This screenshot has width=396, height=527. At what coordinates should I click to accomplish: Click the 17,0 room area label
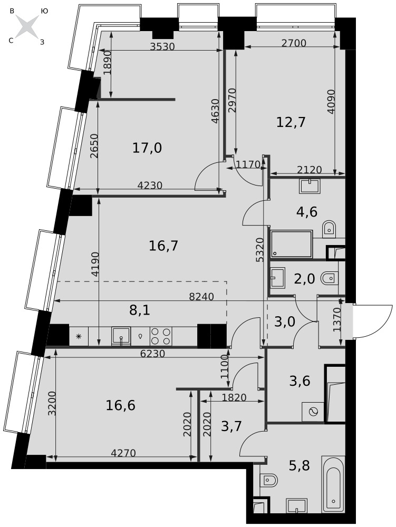(x=147, y=148)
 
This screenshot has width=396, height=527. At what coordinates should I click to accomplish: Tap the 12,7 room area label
(x=291, y=122)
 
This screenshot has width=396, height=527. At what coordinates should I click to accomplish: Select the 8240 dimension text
(x=202, y=297)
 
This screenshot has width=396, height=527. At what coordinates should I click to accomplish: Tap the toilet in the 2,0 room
(x=330, y=278)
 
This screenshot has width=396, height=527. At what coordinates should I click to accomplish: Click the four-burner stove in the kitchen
(x=161, y=336)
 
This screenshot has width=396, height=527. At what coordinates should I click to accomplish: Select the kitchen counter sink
(x=121, y=336)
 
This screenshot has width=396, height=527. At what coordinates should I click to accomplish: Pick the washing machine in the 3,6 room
(x=313, y=412)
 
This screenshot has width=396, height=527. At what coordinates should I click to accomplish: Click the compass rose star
(x=27, y=26)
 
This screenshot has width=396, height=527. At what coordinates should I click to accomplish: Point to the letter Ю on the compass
(x=44, y=11)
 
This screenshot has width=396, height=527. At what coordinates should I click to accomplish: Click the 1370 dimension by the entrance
(x=337, y=320)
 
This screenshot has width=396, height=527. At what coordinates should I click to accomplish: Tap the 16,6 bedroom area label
(x=120, y=405)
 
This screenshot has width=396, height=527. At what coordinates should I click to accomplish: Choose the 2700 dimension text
(x=294, y=43)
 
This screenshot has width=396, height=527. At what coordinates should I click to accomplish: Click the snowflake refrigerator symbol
(x=79, y=336)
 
